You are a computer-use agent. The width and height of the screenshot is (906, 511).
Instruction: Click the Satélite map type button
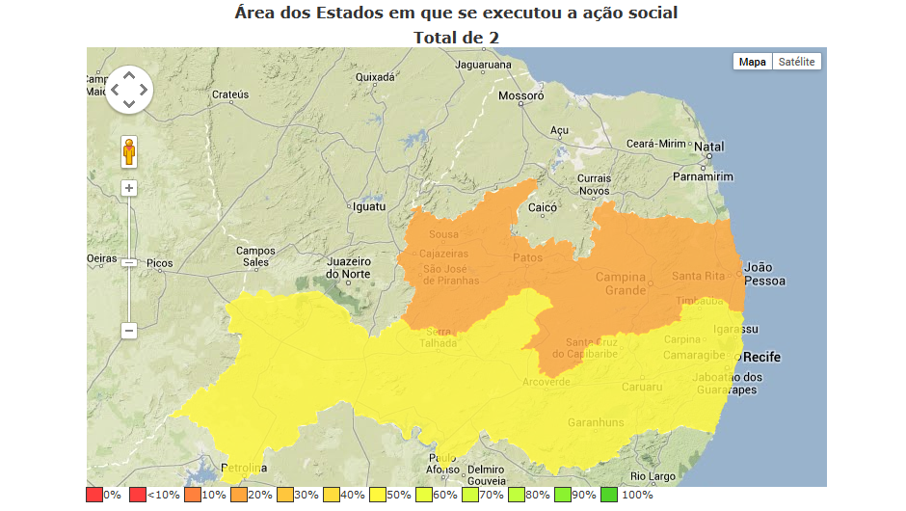coord(797,62)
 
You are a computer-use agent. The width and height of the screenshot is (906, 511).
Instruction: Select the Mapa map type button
coord(752,62)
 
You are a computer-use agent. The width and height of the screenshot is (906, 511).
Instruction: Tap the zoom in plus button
coord(129,188)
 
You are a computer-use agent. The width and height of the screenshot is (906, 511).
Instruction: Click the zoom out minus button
coord(129,331)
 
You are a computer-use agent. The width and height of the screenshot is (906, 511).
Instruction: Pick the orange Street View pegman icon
coord(129,152)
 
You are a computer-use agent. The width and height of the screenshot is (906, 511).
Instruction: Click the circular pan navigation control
coord(129,91)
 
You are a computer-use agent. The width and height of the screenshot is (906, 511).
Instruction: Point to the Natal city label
coord(709,148)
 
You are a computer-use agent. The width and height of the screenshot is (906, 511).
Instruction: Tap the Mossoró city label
coord(520,96)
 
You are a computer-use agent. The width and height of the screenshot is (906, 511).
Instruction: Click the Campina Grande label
coord(620,283)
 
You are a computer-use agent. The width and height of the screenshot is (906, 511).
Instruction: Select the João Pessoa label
coord(765,274)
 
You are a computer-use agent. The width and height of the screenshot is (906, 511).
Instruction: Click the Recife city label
coord(761,358)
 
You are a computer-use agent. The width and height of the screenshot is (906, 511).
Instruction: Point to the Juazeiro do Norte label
coord(349,267)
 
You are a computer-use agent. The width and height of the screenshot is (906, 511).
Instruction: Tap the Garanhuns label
coord(596,422)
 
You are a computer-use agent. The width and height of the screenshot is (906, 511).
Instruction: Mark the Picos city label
coord(159,263)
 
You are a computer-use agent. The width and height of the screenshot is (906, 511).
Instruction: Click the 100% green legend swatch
coord(608,495)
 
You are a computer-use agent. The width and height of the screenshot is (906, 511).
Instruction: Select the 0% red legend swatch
coord(93,495)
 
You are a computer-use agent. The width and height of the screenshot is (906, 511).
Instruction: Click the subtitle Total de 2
coord(456,37)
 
